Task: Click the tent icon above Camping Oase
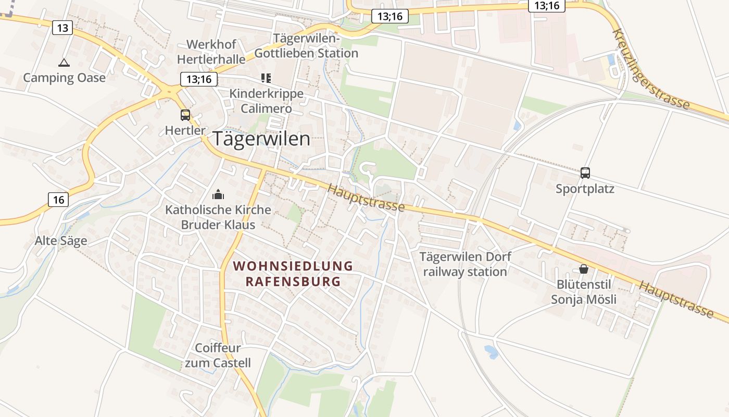pyautogui.click(x=64, y=63)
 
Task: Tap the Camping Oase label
pyautogui.click(x=64, y=78)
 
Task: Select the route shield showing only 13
pyautogui.click(x=62, y=28)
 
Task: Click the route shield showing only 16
pyautogui.click(x=59, y=199)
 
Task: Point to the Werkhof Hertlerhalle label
pyautogui.click(x=211, y=52)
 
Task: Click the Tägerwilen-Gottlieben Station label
pyautogui.click(x=306, y=46)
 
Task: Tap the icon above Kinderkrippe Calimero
pyautogui.click(x=266, y=78)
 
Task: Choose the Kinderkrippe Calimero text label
pyautogui.click(x=266, y=101)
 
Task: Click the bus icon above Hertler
pyautogui.click(x=185, y=115)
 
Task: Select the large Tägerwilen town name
pyautogui.click(x=261, y=139)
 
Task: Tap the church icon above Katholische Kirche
pyautogui.click(x=218, y=195)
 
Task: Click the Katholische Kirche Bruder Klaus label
pyautogui.click(x=218, y=217)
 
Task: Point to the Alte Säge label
pyautogui.click(x=61, y=241)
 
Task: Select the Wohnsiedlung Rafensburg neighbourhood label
pyautogui.click(x=293, y=274)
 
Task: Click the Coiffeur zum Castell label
pyautogui.click(x=218, y=355)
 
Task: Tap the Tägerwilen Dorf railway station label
pyautogui.click(x=465, y=264)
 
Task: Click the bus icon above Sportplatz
pyautogui.click(x=585, y=173)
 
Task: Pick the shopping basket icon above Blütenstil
pyautogui.click(x=584, y=269)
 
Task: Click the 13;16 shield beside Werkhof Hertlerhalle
pyautogui.click(x=198, y=79)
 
